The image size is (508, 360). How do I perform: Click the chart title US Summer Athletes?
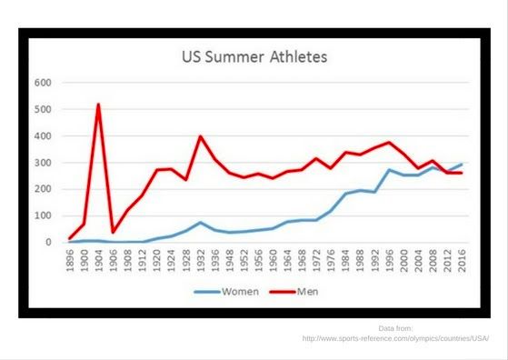click(254, 57)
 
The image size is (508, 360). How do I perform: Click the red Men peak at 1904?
click(98, 105)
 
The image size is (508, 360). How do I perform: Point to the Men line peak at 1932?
click(200, 136)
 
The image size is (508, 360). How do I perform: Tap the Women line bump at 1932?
click(200, 223)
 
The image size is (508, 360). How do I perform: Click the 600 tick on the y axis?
click(43, 83)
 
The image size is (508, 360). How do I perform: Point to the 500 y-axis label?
click(43, 109)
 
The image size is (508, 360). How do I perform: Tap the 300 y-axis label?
click(43, 163)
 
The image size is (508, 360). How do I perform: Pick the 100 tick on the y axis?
click(43, 216)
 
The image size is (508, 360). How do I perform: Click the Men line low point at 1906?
click(112, 232)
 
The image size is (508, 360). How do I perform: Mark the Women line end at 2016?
click(461, 165)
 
